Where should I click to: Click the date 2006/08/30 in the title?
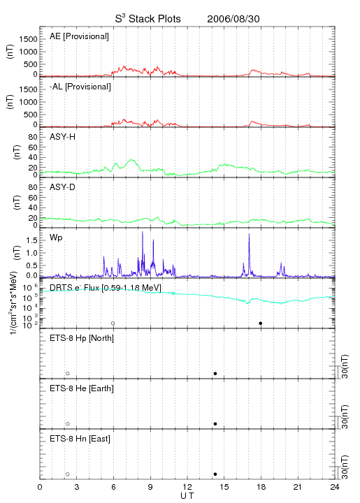tap(233, 19)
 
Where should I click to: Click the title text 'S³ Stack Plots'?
tap(148, 19)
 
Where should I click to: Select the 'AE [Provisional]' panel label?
tap(79, 36)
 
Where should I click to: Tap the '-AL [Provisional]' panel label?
tap(80, 87)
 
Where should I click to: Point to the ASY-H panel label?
tap(63, 137)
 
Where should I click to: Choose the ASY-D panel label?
tap(63, 187)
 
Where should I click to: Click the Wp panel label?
tap(56, 238)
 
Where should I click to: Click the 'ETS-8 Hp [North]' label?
tap(82, 338)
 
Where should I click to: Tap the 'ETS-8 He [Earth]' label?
tap(82, 388)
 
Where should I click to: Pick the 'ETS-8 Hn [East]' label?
tap(80, 439)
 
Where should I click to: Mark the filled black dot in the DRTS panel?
tap(261, 323)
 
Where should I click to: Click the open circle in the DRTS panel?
tap(113, 323)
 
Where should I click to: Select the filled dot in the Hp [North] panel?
tap(215, 373)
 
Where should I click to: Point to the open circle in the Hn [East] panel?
tap(68, 474)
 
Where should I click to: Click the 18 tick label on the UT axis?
tap(261, 487)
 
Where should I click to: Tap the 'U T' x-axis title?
tap(187, 496)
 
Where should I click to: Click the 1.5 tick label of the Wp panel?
tap(31, 240)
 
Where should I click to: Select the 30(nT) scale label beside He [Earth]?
tap(345, 416)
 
